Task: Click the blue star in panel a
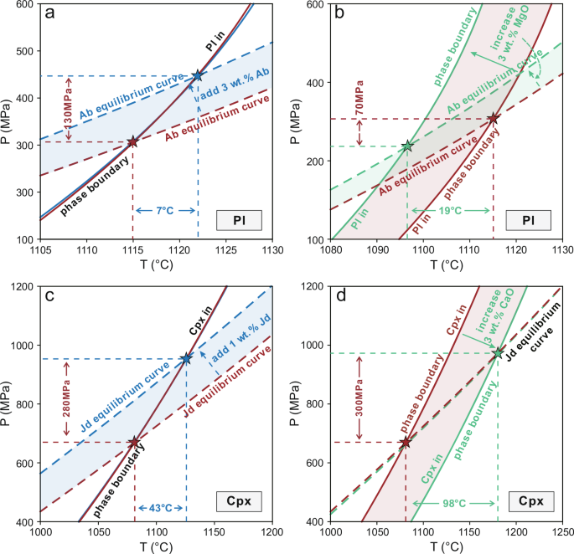[x=198, y=76]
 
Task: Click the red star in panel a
[x=132, y=142]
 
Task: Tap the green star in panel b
[x=407, y=146]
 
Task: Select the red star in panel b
[x=494, y=119]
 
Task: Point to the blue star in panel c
[x=186, y=359]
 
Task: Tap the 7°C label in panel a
[x=165, y=209]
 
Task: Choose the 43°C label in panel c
[x=160, y=509]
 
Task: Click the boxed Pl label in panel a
[x=238, y=221]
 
